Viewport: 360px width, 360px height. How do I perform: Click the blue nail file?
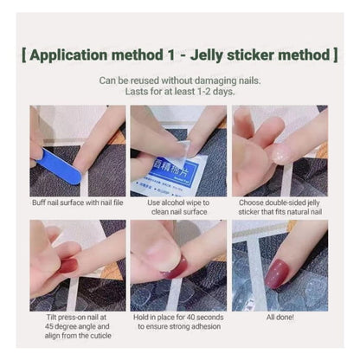[59, 166]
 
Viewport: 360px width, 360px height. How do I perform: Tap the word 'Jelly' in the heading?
[206, 55]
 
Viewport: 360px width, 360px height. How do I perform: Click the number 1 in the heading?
[171, 55]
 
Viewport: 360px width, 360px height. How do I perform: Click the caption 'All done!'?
[280, 318]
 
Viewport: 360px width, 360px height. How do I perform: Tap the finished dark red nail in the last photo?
[276, 273]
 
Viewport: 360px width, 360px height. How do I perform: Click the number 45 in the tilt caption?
[48, 326]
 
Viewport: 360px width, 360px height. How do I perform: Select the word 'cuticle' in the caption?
[100, 336]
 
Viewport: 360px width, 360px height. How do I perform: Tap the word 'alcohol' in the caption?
[177, 202]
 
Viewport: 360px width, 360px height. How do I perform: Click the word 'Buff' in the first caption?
[39, 202]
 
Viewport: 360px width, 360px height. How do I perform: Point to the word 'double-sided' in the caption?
[284, 202]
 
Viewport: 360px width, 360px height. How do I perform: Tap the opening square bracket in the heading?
[24, 55]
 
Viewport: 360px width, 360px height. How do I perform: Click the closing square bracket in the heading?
[335, 55]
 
